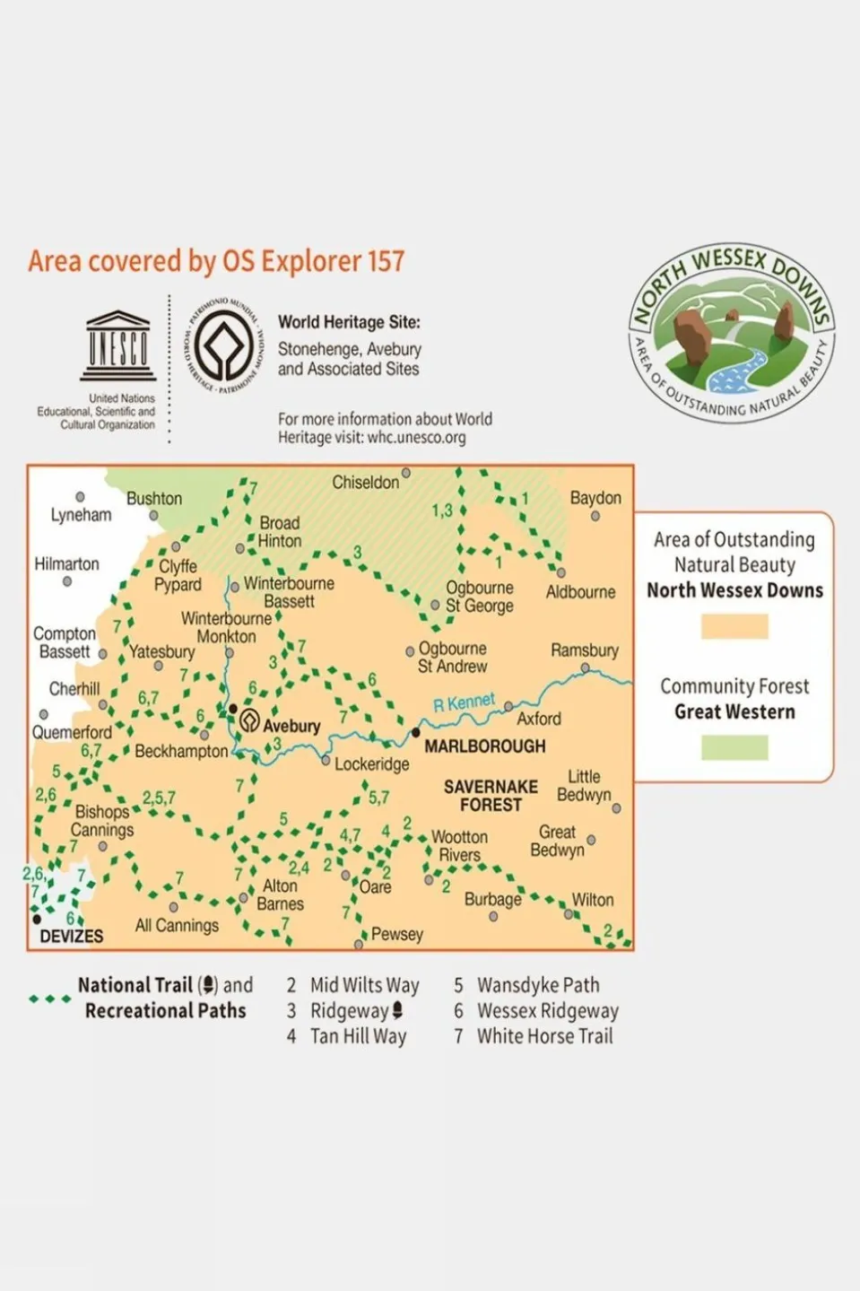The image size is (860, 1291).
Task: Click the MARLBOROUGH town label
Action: point(484,746)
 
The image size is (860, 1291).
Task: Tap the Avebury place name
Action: point(291,726)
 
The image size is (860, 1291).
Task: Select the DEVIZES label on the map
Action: point(71,936)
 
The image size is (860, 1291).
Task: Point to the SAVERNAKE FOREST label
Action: point(491,796)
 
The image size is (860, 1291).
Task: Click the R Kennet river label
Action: point(464,702)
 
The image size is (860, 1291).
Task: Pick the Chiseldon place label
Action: point(365,483)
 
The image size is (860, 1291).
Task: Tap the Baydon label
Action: point(595,498)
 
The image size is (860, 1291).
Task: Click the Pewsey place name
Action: point(396,934)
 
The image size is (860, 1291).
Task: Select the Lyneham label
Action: point(81,515)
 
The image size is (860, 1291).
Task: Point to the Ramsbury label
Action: point(584,650)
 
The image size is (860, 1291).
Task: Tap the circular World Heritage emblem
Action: point(223,345)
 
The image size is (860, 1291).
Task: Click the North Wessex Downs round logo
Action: point(731,334)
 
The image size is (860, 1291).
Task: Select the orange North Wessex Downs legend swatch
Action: point(734,625)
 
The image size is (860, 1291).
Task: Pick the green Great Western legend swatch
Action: point(734,746)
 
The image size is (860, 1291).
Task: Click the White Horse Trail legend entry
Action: point(544,1036)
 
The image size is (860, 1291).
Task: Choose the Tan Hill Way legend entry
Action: point(358,1036)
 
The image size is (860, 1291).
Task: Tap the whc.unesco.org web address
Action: point(416,438)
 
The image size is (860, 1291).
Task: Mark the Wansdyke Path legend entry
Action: point(537,985)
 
